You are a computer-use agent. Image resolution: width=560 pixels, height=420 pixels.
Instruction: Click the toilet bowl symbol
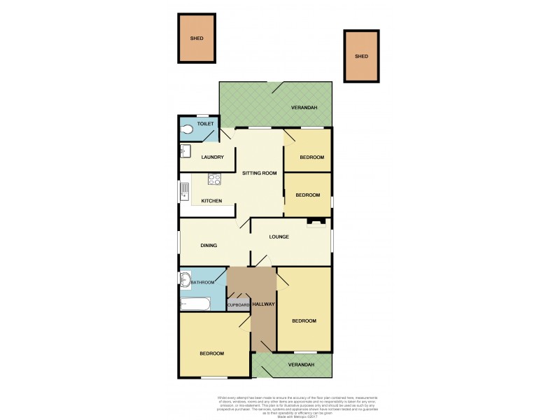(x=188, y=129)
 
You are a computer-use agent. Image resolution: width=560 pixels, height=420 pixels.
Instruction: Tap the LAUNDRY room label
(x=212, y=157)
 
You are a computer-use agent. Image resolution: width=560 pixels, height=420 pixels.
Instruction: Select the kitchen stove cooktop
(x=214, y=179)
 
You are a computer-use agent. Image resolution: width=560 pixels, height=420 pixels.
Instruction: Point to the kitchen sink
(x=185, y=190)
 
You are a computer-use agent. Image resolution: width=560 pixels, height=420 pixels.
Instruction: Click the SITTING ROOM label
(x=259, y=173)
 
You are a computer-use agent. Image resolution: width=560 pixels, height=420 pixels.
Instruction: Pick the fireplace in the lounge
(x=316, y=223)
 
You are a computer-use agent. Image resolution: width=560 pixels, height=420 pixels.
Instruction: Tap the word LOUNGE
(x=279, y=237)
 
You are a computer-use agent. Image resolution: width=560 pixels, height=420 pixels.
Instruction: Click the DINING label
(x=209, y=246)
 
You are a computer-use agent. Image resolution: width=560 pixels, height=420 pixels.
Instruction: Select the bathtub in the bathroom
(x=195, y=304)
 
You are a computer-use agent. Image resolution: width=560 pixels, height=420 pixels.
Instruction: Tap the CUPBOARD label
(x=239, y=305)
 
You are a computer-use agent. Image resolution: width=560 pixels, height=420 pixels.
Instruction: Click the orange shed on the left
(x=197, y=38)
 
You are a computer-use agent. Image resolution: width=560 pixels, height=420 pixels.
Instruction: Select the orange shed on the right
(x=361, y=57)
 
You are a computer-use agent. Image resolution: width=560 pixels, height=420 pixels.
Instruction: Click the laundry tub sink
(x=185, y=151)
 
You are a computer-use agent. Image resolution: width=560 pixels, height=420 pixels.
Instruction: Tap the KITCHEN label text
(x=211, y=202)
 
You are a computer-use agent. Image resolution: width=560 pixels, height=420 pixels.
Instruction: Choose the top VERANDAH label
(x=304, y=108)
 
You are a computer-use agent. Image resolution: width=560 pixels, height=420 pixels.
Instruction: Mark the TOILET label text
(x=204, y=125)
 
